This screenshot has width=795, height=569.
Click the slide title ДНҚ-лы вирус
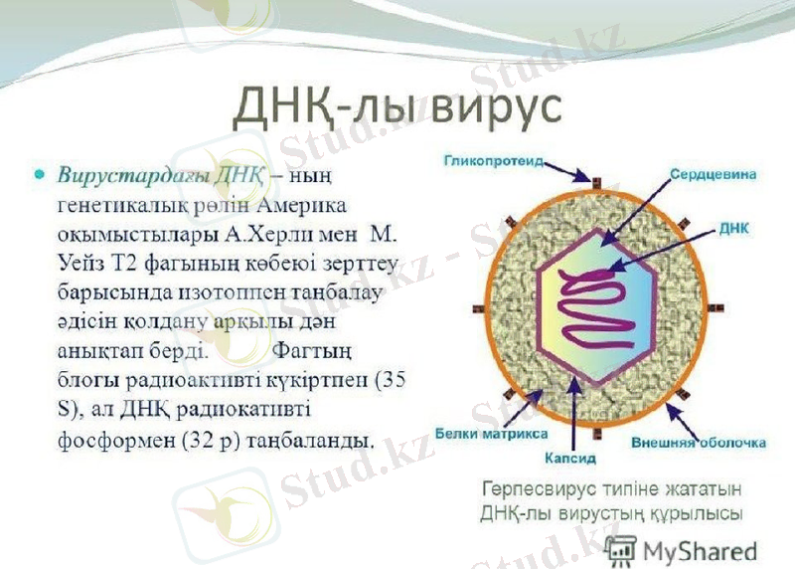(397, 107)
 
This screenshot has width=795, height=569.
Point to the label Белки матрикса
(490, 435)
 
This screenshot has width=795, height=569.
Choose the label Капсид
(569, 459)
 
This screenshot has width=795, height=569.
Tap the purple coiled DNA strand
(596, 318)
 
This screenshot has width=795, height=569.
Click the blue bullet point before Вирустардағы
(41, 174)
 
